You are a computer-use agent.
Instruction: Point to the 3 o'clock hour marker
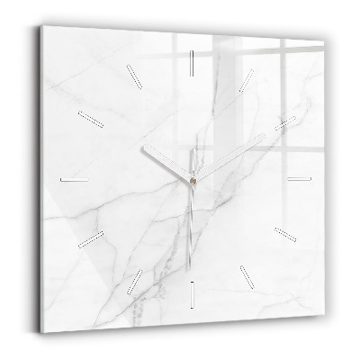pyautogui.click(x=300, y=178)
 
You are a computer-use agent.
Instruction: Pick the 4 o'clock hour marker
pyautogui.click(x=285, y=234)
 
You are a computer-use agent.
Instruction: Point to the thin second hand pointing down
pyautogui.click(x=193, y=207)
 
